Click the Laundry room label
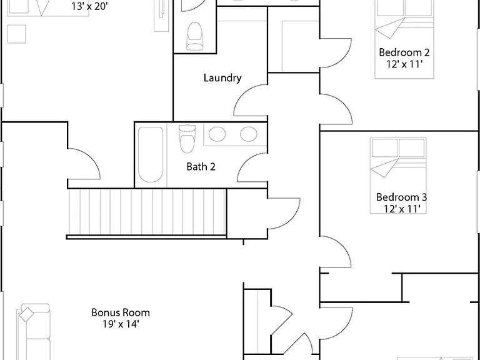pyautogui.click(x=222, y=78)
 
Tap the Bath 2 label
pyautogui.click(x=201, y=166)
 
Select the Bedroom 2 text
pyautogui.click(x=404, y=52)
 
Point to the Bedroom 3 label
pyautogui.click(x=402, y=197)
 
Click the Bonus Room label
pyautogui.click(x=121, y=312)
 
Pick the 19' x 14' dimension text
pyautogui.click(x=121, y=324)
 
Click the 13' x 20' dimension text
pyautogui.click(x=90, y=6)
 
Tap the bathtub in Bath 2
pyautogui.click(x=150, y=154)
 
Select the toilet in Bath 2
pyautogui.click(x=187, y=139)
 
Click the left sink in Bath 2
pyautogui.click(x=217, y=134)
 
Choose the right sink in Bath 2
pyautogui.click(x=249, y=134)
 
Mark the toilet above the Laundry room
pyautogui.click(x=195, y=36)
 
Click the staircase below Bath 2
pyautogui.click(x=147, y=213)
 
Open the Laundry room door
pyautogui.click(x=251, y=101)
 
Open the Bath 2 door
pyautogui.click(x=252, y=167)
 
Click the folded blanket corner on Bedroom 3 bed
pyautogui.click(x=384, y=167)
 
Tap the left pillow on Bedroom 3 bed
pyautogui.click(x=385, y=148)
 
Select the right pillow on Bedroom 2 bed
pyautogui.click(x=418, y=7)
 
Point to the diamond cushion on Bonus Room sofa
pyautogui.click(x=27, y=315)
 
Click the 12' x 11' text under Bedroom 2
pyautogui.click(x=405, y=64)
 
